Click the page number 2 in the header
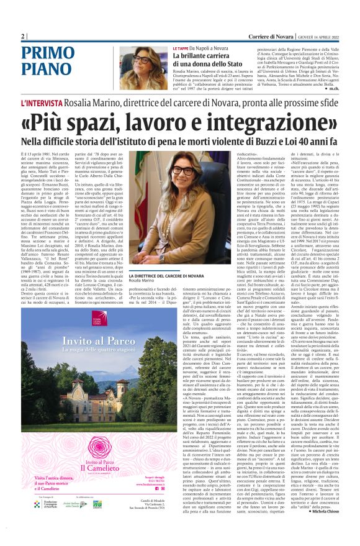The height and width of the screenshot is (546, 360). (x=23, y=36)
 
